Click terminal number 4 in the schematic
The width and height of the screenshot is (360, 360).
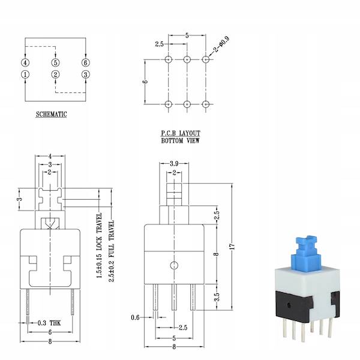(25, 62)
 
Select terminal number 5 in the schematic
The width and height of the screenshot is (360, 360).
(56, 62)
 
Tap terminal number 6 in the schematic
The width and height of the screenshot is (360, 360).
(86, 62)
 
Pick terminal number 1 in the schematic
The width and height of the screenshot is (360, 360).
(25, 74)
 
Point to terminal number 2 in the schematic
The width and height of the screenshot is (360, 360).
(56, 74)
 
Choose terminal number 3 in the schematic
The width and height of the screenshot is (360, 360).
(86, 74)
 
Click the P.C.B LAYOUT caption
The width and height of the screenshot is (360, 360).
(180, 134)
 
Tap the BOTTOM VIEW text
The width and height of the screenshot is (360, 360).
(180, 141)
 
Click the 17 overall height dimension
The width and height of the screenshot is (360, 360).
(232, 245)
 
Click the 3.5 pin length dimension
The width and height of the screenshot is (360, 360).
(216, 296)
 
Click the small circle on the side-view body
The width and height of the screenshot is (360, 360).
(173, 265)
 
